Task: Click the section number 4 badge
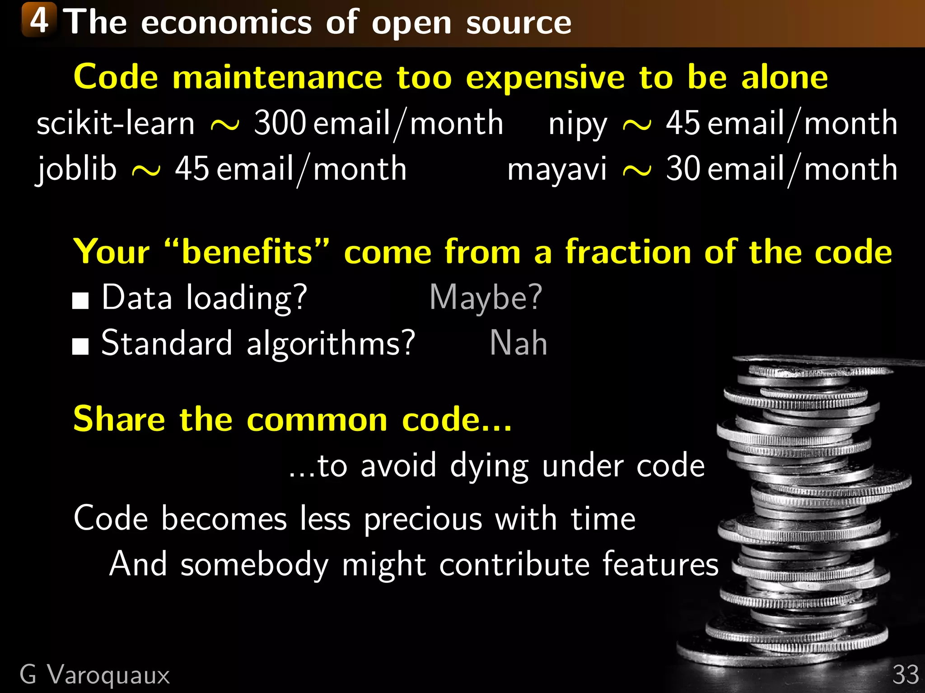click(x=39, y=20)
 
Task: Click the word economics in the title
click(x=226, y=23)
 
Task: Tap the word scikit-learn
click(x=116, y=123)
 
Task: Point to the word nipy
click(x=578, y=124)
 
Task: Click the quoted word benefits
click(x=247, y=251)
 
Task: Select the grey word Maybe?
click(x=486, y=298)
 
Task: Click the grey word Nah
click(x=519, y=343)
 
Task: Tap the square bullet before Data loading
click(x=80, y=300)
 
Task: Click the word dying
click(x=489, y=466)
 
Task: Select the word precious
click(x=423, y=519)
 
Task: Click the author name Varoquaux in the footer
click(x=108, y=675)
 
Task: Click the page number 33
click(x=906, y=675)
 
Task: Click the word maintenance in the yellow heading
click(x=277, y=78)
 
